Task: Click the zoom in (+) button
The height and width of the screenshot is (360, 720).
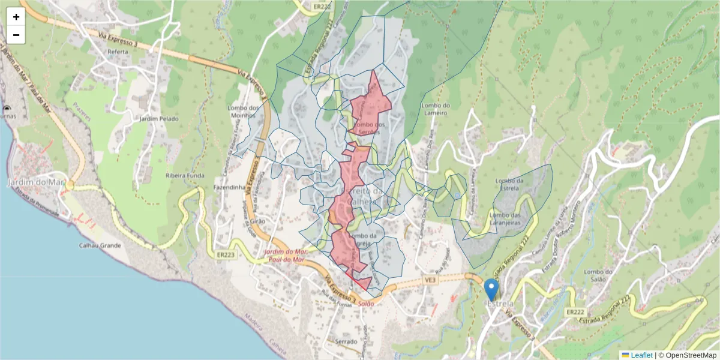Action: click(16, 17)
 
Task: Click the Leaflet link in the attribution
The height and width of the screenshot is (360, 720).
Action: click(641, 355)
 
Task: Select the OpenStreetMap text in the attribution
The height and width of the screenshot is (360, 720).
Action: click(687, 355)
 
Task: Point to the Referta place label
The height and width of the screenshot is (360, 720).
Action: click(118, 52)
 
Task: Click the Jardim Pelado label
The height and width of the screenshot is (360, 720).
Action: click(159, 119)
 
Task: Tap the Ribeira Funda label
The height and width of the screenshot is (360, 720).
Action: click(185, 176)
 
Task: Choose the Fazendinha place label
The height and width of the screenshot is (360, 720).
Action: click(230, 187)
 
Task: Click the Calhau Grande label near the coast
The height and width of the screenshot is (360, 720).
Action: click(100, 245)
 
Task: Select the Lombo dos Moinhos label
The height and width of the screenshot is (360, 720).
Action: click(247, 112)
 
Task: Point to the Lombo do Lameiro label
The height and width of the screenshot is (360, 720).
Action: click(436, 108)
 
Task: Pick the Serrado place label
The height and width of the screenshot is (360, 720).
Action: click(347, 341)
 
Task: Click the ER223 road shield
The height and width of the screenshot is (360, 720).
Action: click(226, 254)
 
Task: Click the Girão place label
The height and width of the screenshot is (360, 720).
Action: click(257, 221)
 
